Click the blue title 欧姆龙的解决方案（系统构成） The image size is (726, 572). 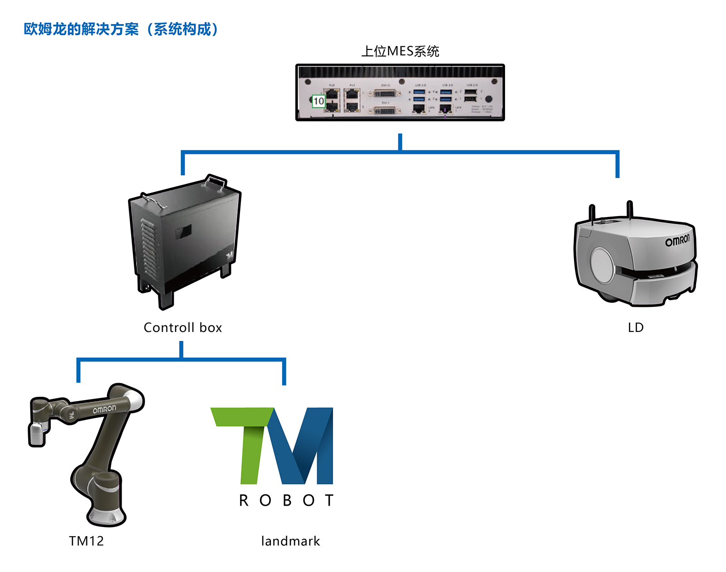(121, 30)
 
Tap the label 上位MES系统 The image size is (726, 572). (400, 51)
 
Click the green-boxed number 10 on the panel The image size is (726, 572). (319, 101)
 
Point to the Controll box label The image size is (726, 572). (182, 327)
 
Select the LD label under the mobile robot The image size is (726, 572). (635, 327)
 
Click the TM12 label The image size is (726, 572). (86, 541)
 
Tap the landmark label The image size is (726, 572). (290, 541)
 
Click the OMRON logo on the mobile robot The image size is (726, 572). (677, 240)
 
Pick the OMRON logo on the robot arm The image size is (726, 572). (104, 409)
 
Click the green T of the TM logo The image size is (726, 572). (245, 436)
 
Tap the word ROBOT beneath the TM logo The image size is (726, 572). (286, 500)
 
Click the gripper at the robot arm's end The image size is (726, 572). (37, 434)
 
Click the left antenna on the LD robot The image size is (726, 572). (592, 213)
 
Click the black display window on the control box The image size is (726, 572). (184, 232)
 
